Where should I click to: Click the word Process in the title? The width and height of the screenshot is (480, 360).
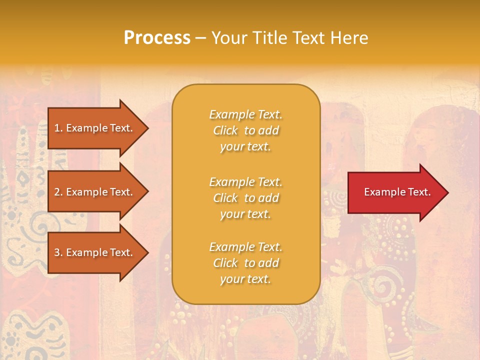tap(157, 38)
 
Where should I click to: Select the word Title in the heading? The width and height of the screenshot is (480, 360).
tap(269, 38)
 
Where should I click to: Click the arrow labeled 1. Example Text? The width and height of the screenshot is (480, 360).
tap(95, 128)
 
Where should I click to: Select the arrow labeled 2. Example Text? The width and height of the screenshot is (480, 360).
tap(95, 192)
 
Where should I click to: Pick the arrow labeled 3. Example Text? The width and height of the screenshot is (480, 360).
tap(95, 252)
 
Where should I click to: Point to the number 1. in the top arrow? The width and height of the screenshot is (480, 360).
tap(58, 128)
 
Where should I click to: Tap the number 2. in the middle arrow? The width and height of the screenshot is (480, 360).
tap(58, 192)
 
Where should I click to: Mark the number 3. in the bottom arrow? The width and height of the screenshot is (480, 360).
tap(58, 252)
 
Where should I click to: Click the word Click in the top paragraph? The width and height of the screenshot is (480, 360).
tap(225, 130)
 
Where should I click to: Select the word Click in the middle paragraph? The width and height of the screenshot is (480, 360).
tap(225, 198)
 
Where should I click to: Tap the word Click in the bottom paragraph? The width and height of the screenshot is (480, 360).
tap(225, 263)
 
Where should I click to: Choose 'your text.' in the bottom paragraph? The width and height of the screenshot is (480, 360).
tap(245, 279)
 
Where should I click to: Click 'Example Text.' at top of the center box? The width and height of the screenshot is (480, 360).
tap(245, 114)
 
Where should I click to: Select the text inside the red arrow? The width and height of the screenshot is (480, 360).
tap(397, 192)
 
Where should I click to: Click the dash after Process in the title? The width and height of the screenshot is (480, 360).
tap(201, 38)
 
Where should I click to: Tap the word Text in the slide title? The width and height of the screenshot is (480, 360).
tap(308, 38)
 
